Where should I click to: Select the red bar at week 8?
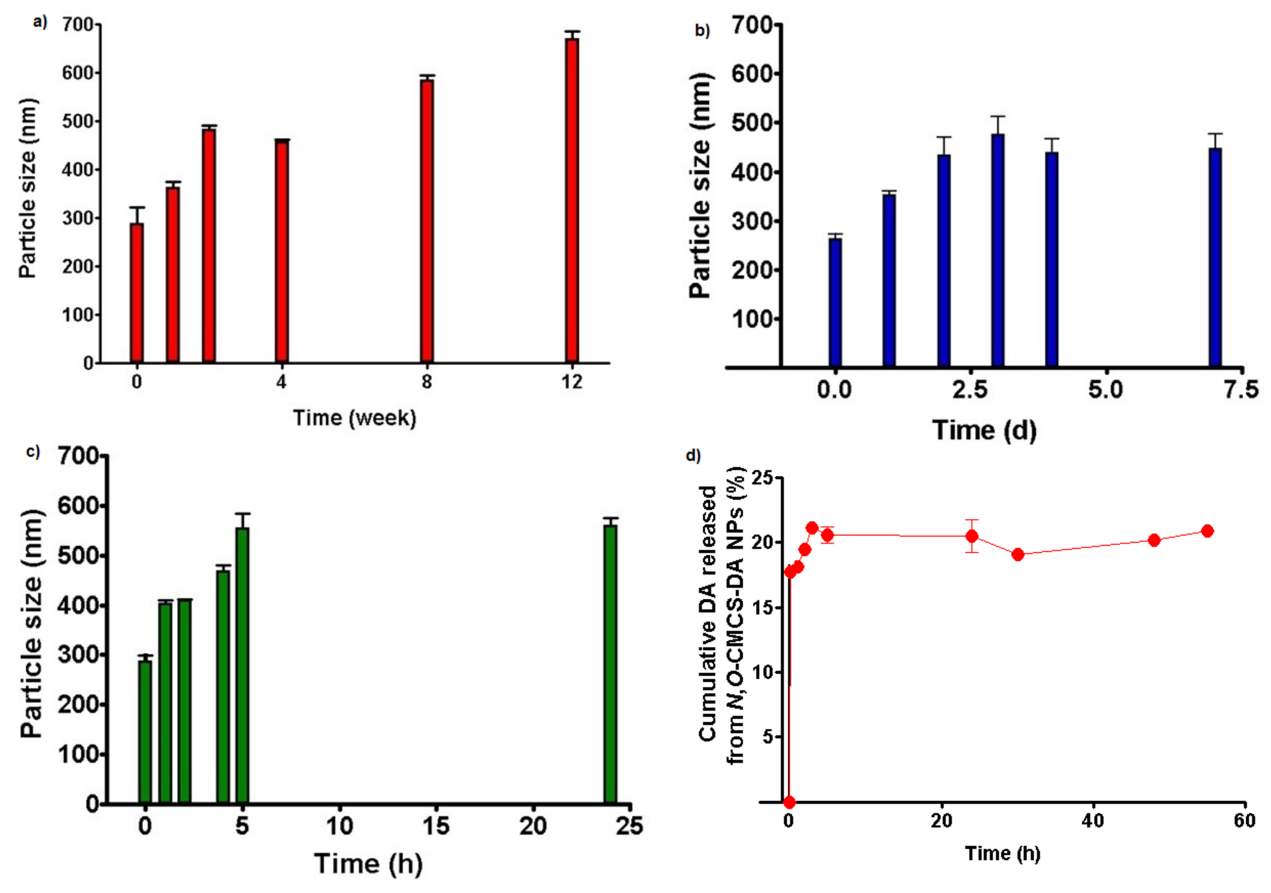[x=426, y=221]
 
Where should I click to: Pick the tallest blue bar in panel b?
[x=997, y=250]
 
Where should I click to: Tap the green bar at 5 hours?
[x=242, y=665]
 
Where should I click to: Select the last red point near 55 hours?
[x=1208, y=531]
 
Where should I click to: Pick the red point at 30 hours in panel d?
[x=1018, y=554]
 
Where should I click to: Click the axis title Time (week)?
[x=354, y=418]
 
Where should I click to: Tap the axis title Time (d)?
[x=984, y=430]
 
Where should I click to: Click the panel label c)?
[x=33, y=452]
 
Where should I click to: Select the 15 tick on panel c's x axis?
[x=435, y=826]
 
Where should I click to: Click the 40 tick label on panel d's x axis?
[x=1093, y=820]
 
